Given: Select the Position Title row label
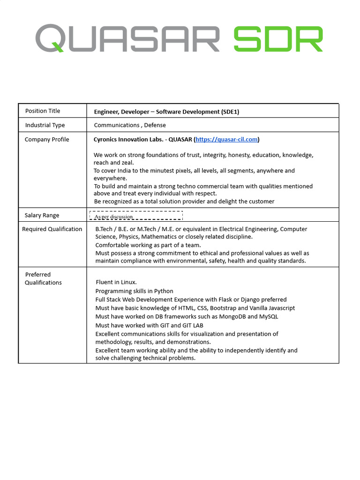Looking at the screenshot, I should click(x=43, y=111).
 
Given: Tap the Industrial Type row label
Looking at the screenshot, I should click(x=45, y=125).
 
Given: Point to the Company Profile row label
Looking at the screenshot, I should click(x=47, y=139).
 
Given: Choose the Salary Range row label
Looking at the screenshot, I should click(x=42, y=216).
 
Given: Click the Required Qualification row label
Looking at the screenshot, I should click(x=52, y=229).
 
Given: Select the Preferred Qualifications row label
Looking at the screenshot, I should click(x=43, y=278).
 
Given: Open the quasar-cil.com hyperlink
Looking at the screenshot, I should click(x=226, y=139).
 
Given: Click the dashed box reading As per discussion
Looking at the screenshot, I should click(x=136, y=216).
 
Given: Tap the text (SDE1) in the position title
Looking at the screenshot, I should click(x=230, y=112).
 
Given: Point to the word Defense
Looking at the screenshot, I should click(x=155, y=125).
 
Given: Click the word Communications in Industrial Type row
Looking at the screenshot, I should click(x=116, y=125).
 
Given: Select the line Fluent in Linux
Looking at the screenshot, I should click(x=116, y=282).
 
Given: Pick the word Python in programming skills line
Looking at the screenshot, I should click(x=164, y=291).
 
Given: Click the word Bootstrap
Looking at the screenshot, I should click(x=223, y=308).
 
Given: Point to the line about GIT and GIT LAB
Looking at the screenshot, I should click(x=149, y=325).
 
